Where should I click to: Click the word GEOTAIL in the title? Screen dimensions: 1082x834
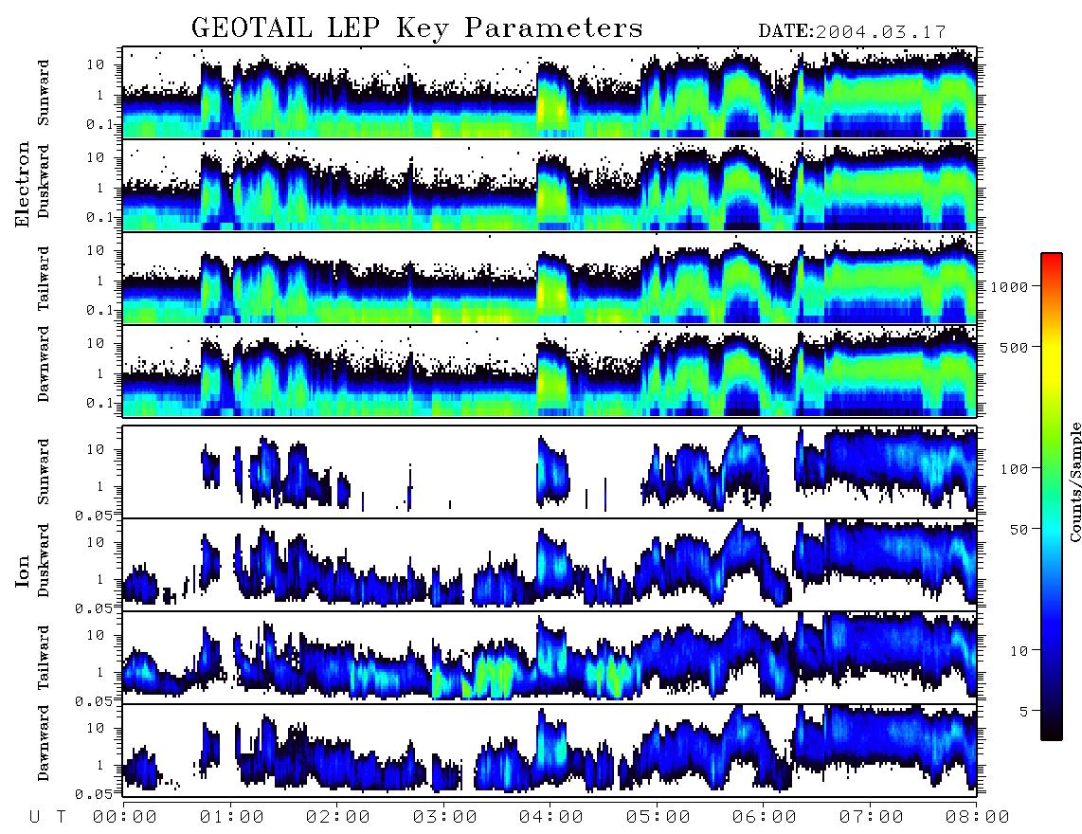pyautogui.click(x=251, y=28)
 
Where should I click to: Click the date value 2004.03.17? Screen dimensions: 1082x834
pyautogui.click(x=881, y=32)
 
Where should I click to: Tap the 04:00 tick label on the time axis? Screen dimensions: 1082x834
pyautogui.click(x=550, y=817)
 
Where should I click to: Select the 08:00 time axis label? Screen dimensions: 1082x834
pyautogui.click(x=977, y=817)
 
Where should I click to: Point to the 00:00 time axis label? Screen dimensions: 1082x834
pyautogui.click(x=125, y=817)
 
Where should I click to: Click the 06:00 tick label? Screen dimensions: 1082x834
pyautogui.click(x=764, y=817)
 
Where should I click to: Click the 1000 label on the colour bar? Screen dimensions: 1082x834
pyautogui.click(x=1009, y=286)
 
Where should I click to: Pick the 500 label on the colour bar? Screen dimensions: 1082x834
pyautogui.click(x=1014, y=347)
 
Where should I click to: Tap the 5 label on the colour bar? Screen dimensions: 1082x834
pyautogui.click(x=1024, y=711)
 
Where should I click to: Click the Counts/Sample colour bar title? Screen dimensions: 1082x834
pyautogui.click(x=1074, y=481)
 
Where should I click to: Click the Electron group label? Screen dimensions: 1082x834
pyautogui.click(x=23, y=184)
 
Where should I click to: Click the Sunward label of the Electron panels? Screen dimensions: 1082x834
pyautogui.click(x=43, y=93)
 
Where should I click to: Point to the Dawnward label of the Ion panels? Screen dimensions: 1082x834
pyautogui.click(x=43, y=742)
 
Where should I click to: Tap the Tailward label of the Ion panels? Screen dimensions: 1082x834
pyautogui.click(x=43, y=658)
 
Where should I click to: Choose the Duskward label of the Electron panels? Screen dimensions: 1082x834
pyautogui.click(x=43, y=181)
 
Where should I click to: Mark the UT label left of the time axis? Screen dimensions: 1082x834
pyautogui.click(x=47, y=817)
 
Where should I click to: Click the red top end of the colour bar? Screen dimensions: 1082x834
pyautogui.click(x=1051, y=256)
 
